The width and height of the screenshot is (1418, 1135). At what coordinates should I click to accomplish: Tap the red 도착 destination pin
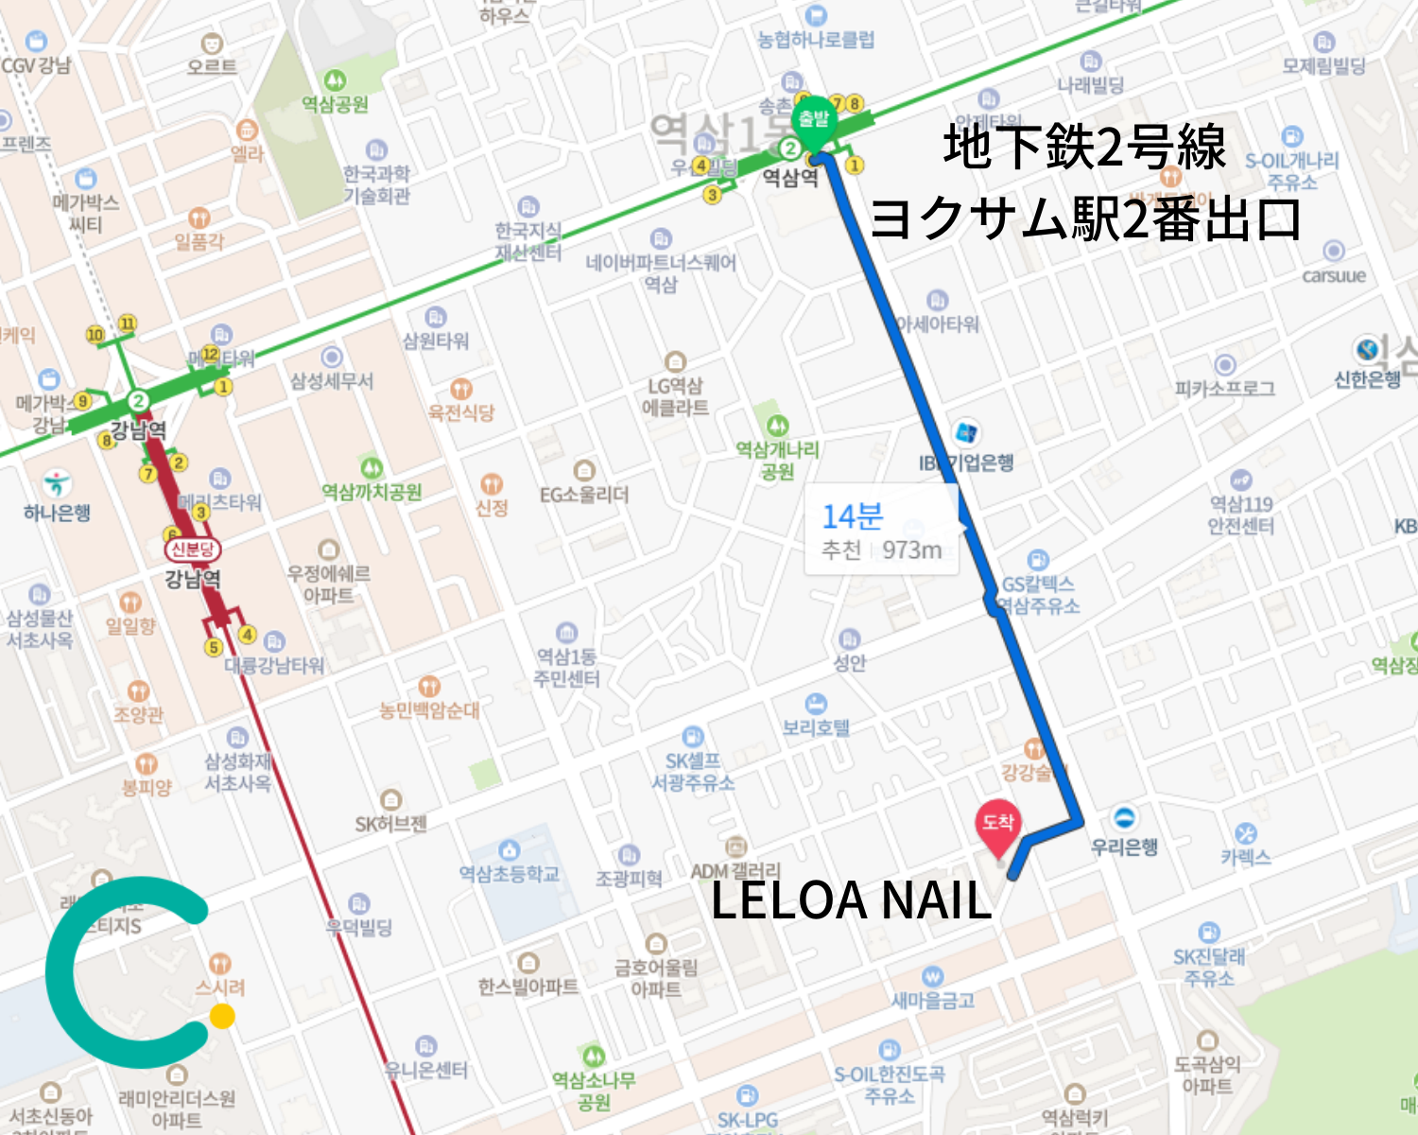(x=997, y=825)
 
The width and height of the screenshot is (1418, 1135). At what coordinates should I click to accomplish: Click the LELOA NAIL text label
(x=850, y=899)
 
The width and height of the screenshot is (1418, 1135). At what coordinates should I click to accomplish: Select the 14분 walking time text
(x=852, y=516)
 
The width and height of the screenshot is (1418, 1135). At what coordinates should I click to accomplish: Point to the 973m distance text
(x=911, y=550)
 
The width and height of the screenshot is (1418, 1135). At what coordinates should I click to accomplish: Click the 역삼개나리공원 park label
(x=777, y=460)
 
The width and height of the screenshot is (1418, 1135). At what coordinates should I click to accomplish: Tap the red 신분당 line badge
(x=192, y=550)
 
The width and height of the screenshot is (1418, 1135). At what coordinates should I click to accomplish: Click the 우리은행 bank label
(x=1124, y=847)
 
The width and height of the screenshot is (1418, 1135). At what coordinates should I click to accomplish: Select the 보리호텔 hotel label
(x=815, y=727)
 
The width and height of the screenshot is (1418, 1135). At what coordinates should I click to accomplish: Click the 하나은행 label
(x=57, y=513)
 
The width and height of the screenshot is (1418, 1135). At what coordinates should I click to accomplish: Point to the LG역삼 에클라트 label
(x=675, y=396)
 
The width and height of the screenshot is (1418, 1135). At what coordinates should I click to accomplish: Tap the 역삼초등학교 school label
(x=509, y=873)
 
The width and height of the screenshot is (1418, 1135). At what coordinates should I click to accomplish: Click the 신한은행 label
(x=1367, y=379)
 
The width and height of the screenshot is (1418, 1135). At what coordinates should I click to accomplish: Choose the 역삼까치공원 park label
(x=372, y=492)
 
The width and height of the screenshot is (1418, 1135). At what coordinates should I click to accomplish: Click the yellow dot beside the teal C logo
(x=222, y=1016)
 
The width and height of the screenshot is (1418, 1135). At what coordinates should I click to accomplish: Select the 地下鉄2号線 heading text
(x=1084, y=148)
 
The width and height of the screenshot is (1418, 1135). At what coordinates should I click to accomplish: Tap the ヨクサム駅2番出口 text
(x=1084, y=218)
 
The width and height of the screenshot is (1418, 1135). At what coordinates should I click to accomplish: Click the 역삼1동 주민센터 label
(x=566, y=667)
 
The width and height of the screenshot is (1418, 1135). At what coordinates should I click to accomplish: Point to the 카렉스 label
(x=1245, y=857)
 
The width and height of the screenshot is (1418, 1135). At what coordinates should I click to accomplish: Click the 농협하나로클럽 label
(x=815, y=40)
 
